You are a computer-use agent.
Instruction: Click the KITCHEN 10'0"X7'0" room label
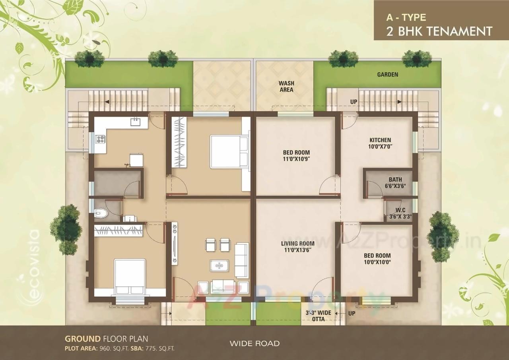[380, 143]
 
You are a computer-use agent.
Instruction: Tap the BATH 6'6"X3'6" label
[395, 183]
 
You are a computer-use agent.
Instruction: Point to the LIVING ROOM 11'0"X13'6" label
[297, 247]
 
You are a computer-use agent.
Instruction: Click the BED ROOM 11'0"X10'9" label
[296, 155]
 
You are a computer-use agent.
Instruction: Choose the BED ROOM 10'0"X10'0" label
[377, 259]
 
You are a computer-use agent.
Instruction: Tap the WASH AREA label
[286, 86]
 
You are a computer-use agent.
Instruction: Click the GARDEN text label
[387, 74]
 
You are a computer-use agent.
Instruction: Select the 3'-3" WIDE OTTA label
[318, 316]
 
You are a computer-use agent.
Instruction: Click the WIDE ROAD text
[254, 343]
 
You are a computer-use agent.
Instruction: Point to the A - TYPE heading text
[406, 17]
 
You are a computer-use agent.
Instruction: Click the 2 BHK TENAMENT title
[439, 31]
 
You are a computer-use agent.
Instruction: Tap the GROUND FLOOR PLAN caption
[106, 339]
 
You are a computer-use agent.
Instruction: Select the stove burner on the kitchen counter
[100, 139]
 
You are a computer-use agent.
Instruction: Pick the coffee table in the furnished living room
[218, 265]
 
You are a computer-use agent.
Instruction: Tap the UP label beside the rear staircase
[354, 102]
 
